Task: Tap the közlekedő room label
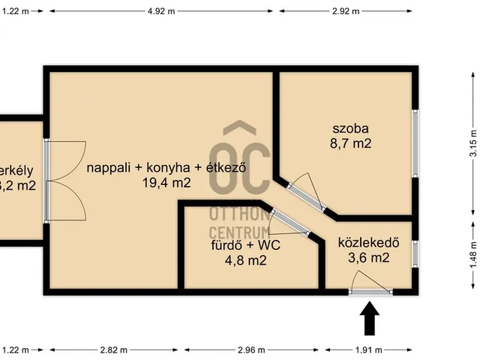pos(367,243)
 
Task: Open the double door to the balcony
pos(60,180)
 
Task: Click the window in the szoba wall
pos(415,143)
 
